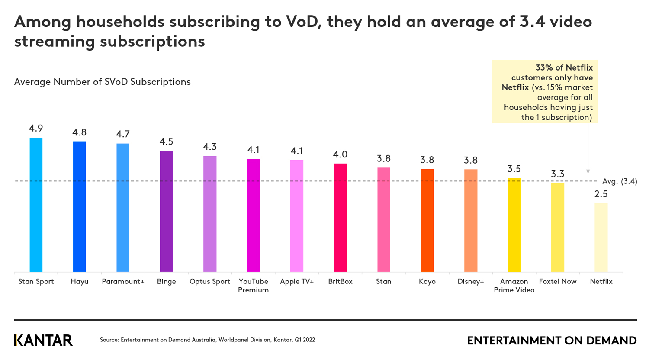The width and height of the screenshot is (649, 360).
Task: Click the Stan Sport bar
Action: [x=36, y=204]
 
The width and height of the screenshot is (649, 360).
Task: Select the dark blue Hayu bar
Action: [x=80, y=206]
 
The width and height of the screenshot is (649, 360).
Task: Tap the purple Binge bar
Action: [x=167, y=211]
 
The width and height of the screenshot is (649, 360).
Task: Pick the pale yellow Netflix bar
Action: [x=601, y=237]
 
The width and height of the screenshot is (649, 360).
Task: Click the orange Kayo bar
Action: [x=427, y=220]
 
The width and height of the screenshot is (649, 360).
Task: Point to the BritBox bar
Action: [x=340, y=217]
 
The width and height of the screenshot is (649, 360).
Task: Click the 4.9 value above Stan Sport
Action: [x=36, y=128]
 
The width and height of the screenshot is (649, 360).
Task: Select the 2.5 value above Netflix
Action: [x=601, y=194]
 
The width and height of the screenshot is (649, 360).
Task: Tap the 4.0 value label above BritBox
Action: [x=340, y=154]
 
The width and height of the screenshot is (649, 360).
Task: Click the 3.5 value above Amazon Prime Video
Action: [x=514, y=169]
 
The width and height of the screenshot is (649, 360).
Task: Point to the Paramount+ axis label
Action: [x=123, y=282]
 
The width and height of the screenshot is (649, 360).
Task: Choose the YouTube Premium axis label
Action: [x=254, y=286]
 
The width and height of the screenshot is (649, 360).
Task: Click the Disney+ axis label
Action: [x=471, y=282]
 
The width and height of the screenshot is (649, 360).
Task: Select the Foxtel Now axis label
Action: [x=558, y=282]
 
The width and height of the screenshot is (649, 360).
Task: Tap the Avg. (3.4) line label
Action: [x=620, y=181]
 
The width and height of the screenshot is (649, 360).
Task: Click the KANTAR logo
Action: [x=43, y=340]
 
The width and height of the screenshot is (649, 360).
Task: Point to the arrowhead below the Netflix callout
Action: [x=588, y=171]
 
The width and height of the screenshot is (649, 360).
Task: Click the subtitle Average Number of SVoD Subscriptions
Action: [x=103, y=82]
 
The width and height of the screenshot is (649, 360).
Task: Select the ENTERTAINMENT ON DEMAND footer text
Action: [x=552, y=341]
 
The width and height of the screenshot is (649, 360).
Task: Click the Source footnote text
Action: [x=207, y=340]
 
